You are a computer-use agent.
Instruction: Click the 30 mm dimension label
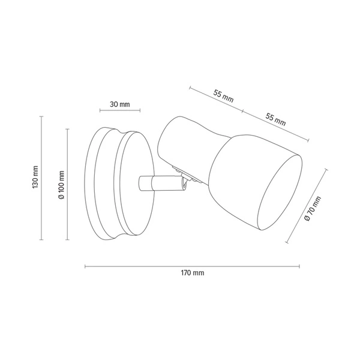click(x=120, y=104)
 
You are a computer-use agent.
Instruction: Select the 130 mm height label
click(x=35, y=178)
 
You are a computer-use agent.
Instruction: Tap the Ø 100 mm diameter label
click(x=61, y=184)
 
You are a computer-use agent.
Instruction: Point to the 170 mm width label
click(x=192, y=273)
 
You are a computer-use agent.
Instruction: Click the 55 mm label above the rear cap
click(x=223, y=96)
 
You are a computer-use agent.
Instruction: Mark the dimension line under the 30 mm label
click(x=120, y=111)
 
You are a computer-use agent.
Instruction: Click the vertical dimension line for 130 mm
click(x=42, y=178)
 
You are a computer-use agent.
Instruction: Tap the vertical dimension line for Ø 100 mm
click(x=68, y=184)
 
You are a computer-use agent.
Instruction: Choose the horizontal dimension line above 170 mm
click(x=192, y=265)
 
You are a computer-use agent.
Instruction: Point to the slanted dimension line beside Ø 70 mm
click(x=306, y=206)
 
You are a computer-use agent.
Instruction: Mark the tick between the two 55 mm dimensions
click(x=242, y=112)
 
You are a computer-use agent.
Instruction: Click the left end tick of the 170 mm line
click(x=85, y=265)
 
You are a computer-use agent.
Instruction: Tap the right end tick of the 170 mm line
click(x=299, y=265)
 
